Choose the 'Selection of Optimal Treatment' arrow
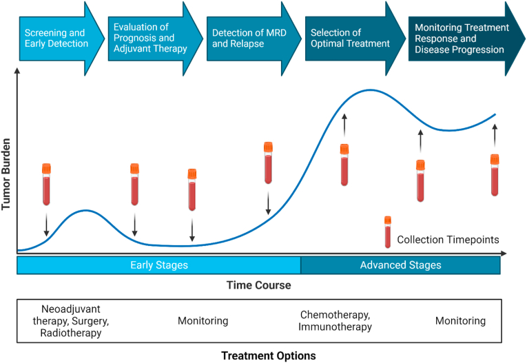pyautogui.click(x=350, y=38)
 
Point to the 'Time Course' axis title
pyautogui.click(x=258, y=285)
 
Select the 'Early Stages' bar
pyautogui.click(x=158, y=265)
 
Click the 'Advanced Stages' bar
pyautogui.click(x=400, y=265)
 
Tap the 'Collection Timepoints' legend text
pyautogui.click(x=448, y=240)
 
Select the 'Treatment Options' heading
pyautogui.click(x=268, y=356)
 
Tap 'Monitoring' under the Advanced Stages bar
pyautogui.click(x=460, y=321)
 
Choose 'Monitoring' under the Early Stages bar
pyautogui.click(x=203, y=321)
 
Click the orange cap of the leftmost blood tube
pyautogui.click(x=46, y=168)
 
